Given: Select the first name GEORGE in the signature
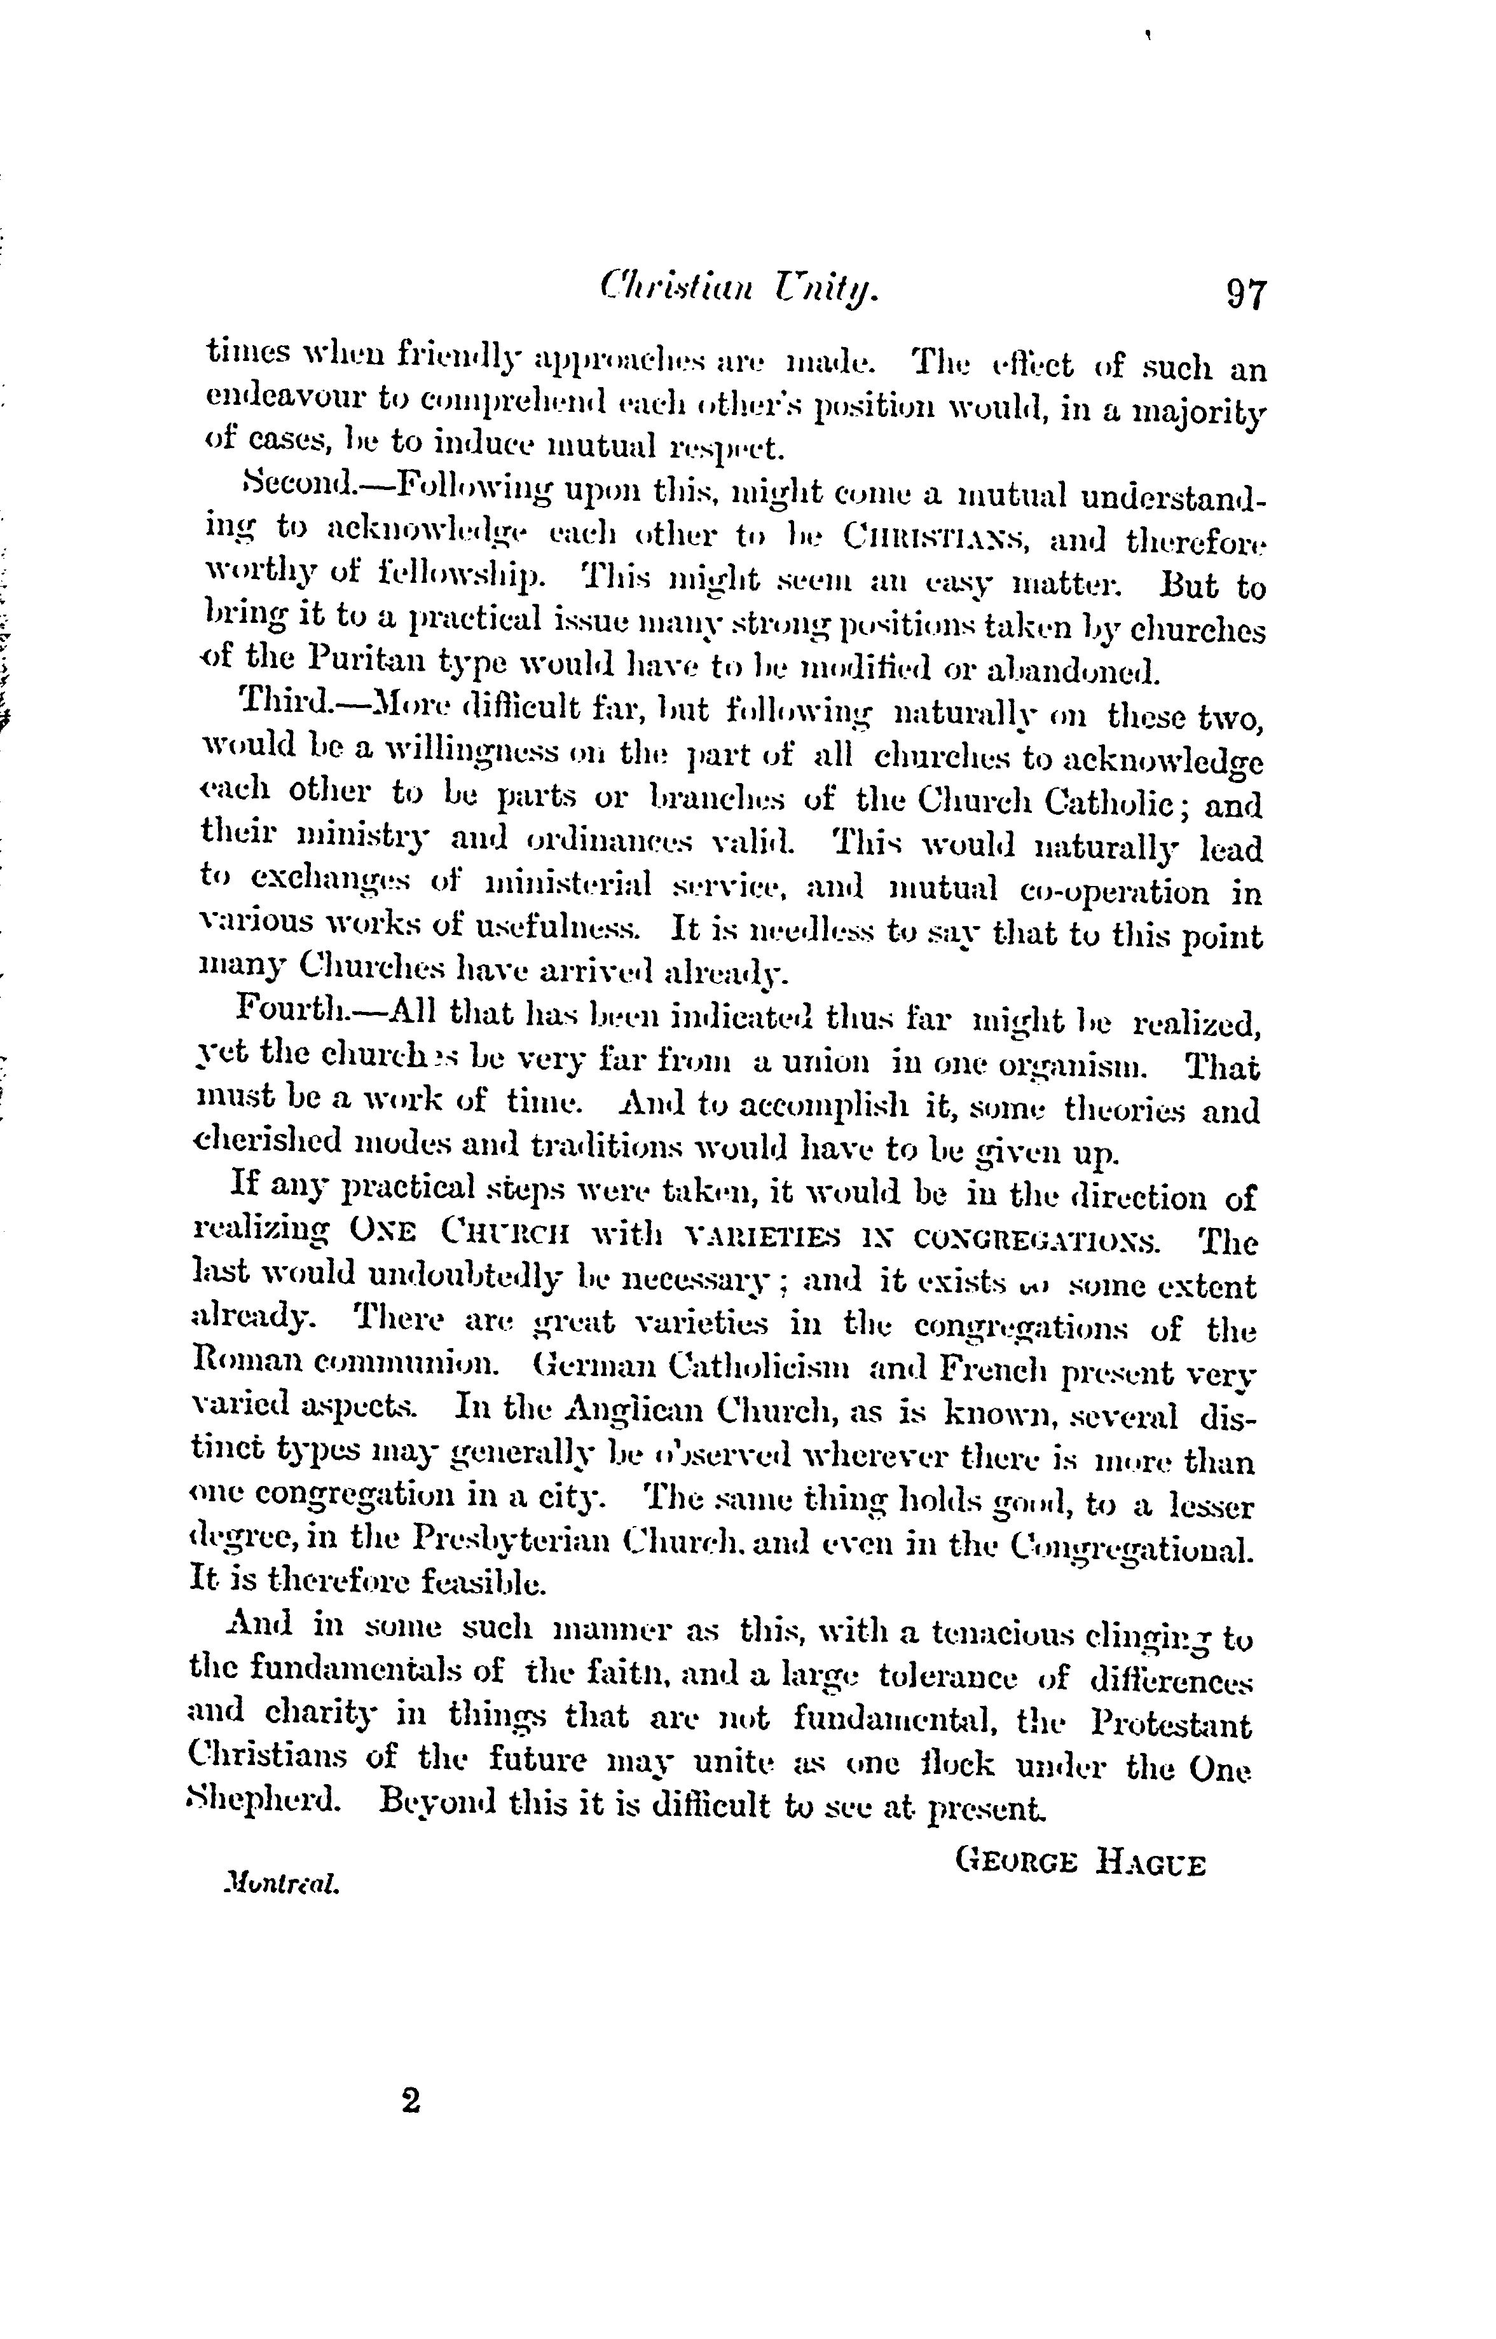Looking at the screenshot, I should [1018, 1865].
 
